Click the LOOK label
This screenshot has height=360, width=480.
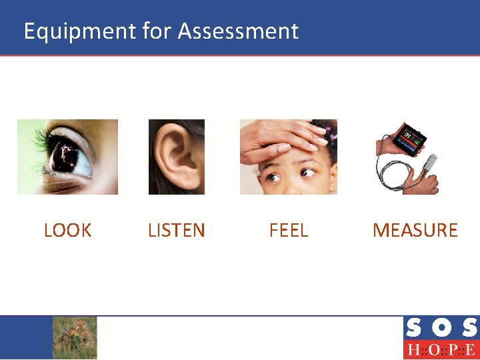pos(67,231)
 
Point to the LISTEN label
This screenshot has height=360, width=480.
pos(176,231)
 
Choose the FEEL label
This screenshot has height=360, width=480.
pos(288,231)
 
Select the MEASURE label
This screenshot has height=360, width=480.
pos(415,231)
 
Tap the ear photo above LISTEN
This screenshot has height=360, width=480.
pos(176,157)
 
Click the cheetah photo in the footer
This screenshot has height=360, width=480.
pos(75,337)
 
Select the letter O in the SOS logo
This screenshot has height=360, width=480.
pos(441,328)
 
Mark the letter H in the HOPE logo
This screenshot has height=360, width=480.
pos(413,349)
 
